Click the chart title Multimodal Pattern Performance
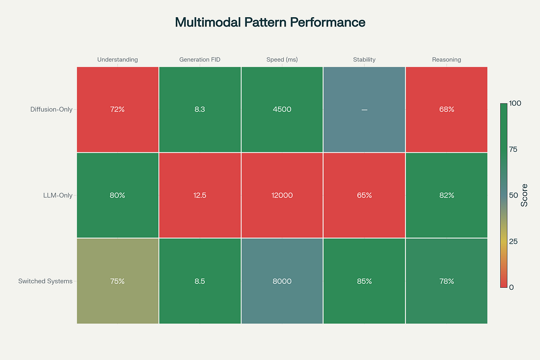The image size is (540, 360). coord(270,22)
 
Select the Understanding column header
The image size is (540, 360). coord(117,59)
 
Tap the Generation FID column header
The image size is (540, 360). coord(200,59)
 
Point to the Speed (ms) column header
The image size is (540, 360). coord(282,59)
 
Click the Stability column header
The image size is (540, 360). coord(364,59)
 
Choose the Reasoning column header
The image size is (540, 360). coord(446,59)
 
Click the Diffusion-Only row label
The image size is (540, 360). coord(51,109)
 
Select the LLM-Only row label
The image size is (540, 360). coord(58,195)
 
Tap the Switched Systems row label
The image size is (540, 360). coord(45,281)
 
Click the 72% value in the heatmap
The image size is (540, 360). coord(117,109)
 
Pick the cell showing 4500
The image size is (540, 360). coord(282,109)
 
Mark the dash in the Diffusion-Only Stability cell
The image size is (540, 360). coord(364,109)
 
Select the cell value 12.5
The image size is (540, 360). coord(200,195)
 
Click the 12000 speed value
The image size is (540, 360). coord(282,195)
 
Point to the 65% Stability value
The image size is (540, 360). coord(364,195)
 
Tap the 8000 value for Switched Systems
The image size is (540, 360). coord(282,281)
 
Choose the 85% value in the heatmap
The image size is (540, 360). coord(364,281)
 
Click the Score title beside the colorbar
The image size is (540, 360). coord(524,195)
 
